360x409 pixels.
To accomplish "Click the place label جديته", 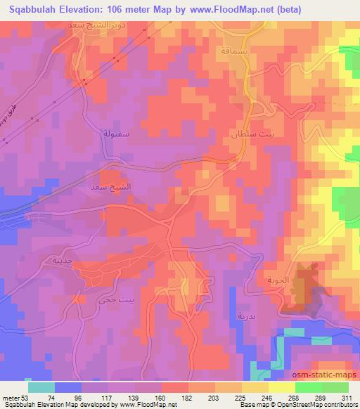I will pyautogui.click(x=58, y=260).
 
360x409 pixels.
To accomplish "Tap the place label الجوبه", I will pyautogui.click(x=276, y=279).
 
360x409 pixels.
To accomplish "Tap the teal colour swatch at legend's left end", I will pyautogui.click(x=41, y=387).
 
